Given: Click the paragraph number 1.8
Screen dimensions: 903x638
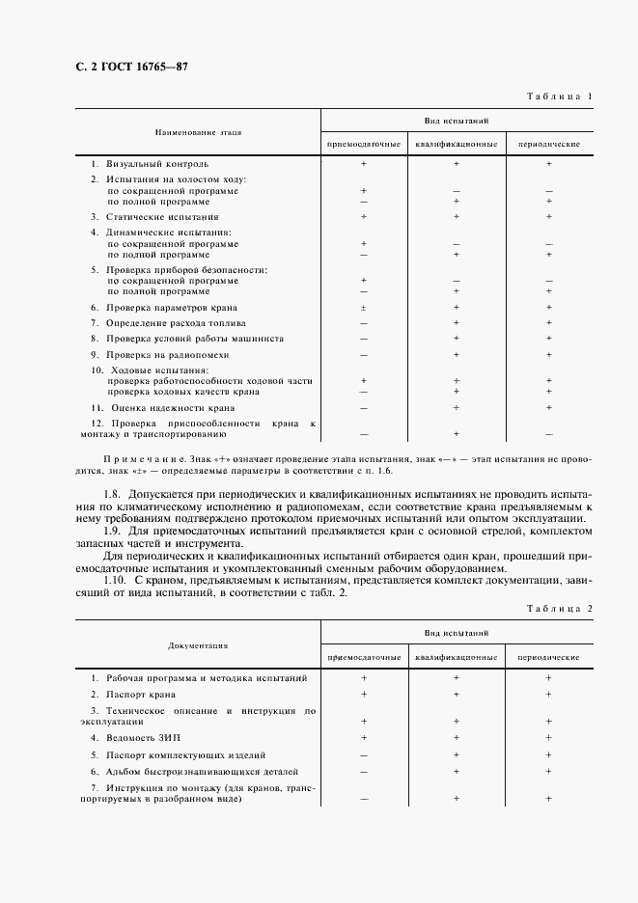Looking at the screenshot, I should click(x=110, y=493).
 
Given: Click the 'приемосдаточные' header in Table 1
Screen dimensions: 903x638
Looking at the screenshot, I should click(x=364, y=144).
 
